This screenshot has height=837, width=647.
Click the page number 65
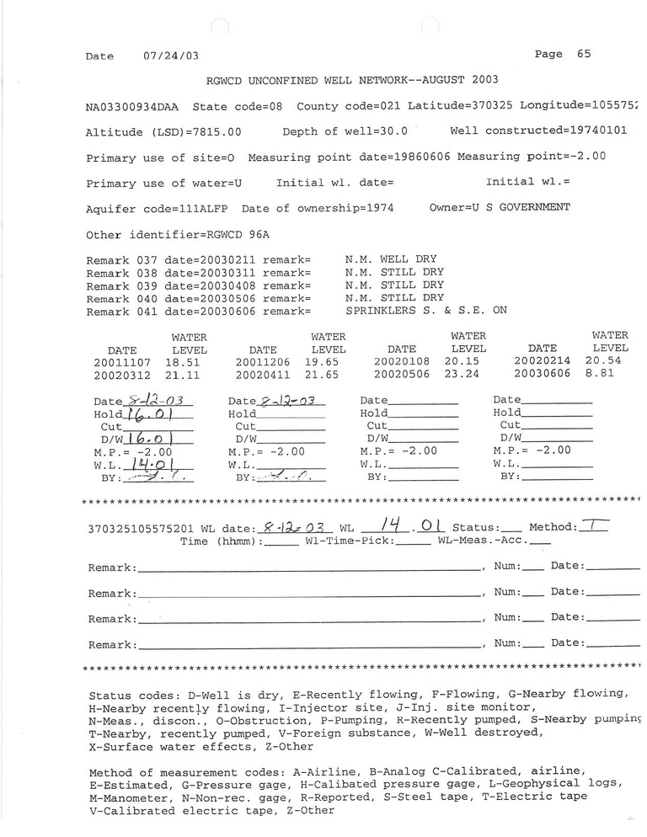[584, 54]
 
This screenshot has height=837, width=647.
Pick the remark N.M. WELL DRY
[391, 259]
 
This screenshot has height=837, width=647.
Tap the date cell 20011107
[125, 360]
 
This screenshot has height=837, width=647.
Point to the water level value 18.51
[189, 360]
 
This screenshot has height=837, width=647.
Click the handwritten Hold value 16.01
[158, 413]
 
